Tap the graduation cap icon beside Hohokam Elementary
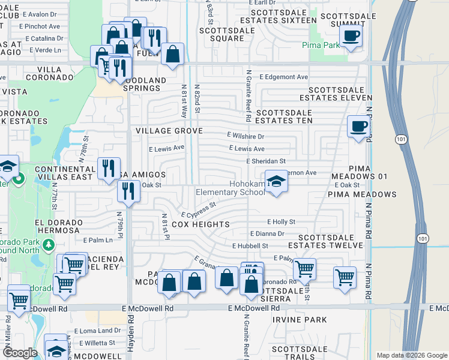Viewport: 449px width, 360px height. tap(276, 181)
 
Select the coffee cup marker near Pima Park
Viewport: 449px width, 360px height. tap(351, 35)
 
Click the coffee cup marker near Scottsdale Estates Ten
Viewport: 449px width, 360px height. tap(359, 127)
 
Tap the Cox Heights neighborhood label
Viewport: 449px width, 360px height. tap(200, 224)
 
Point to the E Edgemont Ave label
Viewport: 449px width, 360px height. tap(284, 77)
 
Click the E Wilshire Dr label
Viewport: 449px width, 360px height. tap(246, 137)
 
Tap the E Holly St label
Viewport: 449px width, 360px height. tap(282, 222)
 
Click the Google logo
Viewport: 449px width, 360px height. tap(20, 352)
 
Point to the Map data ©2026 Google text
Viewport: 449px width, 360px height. tap(411, 355)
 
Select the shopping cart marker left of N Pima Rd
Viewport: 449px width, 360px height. tap(345, 277)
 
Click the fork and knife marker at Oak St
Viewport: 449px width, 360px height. tap(128, 190)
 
